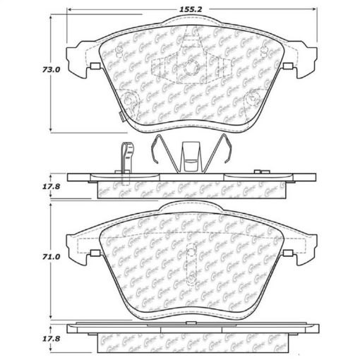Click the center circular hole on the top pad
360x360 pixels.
[x=191, y=68]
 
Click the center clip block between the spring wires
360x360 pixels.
[x=191, y=157]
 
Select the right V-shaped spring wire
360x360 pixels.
[x=220, y=152]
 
